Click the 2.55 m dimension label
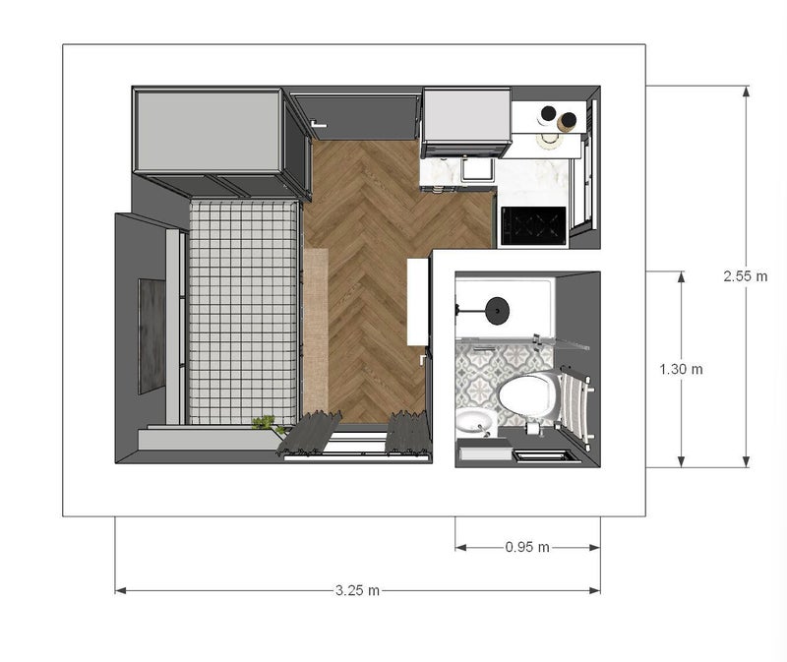(746, 276)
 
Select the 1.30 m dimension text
(681, 370)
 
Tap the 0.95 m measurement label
(527, 547)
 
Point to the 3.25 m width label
(357, 590)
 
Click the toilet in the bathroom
(528, 394)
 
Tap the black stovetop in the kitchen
(533, 226)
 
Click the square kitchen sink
(478, 169)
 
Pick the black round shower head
(498, 310)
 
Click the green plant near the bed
(266, 424)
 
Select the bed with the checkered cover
(244, 312)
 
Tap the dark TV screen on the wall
(151, 336)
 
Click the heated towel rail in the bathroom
(576, 405)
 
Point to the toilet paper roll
(532, 428)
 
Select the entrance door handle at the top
(318, 124)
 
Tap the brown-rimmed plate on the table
(569, 121)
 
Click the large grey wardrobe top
(209, 131)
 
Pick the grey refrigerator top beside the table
(466, 115)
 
